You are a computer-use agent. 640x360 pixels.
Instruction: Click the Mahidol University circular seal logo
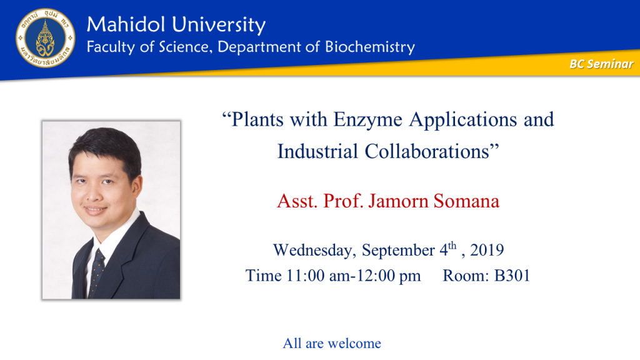(45, 38)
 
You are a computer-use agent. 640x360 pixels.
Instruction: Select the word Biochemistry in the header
(370, 47)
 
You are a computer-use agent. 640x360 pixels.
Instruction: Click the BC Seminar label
(601, 64)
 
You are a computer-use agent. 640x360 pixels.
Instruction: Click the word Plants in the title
(257, 119)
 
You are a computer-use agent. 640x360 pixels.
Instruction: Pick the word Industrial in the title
(317, 151)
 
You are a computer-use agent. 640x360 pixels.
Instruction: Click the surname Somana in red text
(466, 201)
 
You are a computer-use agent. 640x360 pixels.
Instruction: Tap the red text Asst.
(297, 201)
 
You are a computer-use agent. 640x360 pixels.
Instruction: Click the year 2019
(487, 250)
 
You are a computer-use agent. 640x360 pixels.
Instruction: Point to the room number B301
(512, 276)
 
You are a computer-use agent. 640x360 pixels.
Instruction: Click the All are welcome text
(332, 343)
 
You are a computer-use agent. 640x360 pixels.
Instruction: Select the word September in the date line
(398, 251)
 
